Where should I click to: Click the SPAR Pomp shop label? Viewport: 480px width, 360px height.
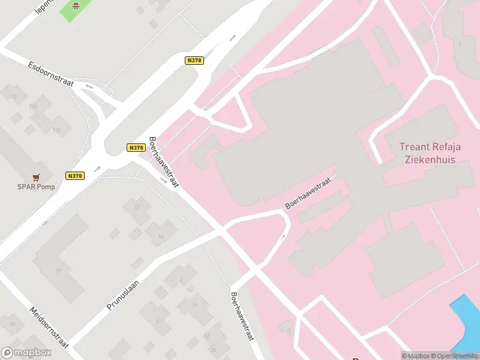click(36, 187)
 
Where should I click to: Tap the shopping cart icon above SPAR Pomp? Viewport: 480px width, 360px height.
click(37, 177)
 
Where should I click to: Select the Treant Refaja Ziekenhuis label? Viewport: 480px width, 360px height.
click(428, 153)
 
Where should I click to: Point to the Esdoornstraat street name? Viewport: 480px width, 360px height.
click(50, 73)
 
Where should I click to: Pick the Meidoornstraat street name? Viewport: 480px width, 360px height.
click(50, 327)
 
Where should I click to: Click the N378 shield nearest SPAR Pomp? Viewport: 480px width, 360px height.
click(74, 176)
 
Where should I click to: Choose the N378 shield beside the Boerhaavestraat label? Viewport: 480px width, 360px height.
click(136, 148)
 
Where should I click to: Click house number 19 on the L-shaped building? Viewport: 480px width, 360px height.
click(58, 271)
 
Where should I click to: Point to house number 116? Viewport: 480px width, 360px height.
click(57, 130)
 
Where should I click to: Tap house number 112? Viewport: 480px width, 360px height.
click(13, 97)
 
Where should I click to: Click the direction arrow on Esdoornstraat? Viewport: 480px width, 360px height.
click(89, 86)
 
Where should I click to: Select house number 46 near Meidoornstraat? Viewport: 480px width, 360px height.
click(13, 324)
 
